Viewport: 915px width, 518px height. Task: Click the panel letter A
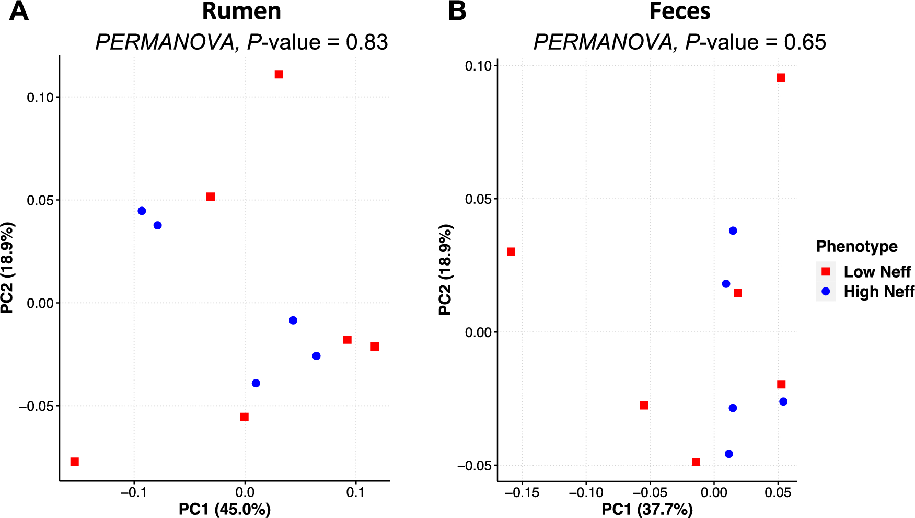19,11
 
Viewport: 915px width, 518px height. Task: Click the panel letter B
457,11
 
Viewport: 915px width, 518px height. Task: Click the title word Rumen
241,11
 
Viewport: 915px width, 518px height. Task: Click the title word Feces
679,11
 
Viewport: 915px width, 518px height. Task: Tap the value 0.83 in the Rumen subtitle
367,42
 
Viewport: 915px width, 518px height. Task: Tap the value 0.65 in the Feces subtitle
805,42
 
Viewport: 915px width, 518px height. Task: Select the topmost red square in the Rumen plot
279,75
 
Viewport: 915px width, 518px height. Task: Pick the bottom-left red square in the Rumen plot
75,462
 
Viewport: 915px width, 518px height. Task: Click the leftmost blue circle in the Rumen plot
142,211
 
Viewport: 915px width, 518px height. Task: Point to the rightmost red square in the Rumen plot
375,347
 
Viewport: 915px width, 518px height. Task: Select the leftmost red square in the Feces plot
511,252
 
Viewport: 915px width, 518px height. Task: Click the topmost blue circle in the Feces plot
733,231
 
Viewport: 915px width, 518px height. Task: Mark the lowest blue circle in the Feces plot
728,454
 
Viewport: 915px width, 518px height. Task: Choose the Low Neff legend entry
877,272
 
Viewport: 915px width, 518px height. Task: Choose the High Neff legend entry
878,292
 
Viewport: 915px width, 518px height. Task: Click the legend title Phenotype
856,246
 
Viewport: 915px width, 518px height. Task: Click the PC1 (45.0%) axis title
225,509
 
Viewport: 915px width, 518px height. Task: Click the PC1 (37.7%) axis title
647,509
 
